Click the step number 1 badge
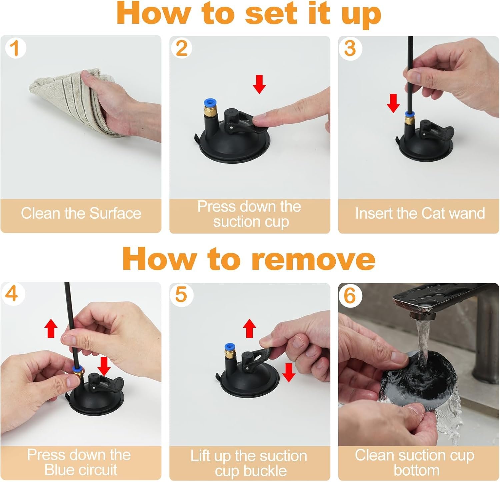pos(15,48)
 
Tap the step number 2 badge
pos(182,48)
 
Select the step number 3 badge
pos(350,48)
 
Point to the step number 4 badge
pos(12,294)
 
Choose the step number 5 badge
pos(181,295)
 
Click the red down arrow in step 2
pos(259,84)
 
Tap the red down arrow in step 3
pos(394,103)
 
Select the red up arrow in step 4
pos(51,328)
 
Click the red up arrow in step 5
pos(250,328)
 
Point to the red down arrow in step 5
pos(289,372)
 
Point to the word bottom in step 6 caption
pos(416,470)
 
